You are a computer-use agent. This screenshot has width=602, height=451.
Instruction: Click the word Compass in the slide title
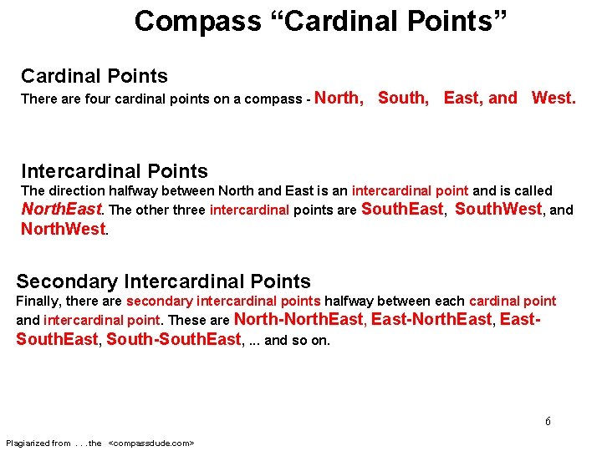pyautogui.click(x=197, y=21)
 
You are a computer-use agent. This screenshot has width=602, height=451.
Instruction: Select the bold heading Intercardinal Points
pyautogui.click(x=114, y=171)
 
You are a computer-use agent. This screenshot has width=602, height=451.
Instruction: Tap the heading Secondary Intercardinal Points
pyautogui.click(x=163, y=281)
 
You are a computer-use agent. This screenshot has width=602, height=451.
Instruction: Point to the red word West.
pyautogui.click(x=554, y=98)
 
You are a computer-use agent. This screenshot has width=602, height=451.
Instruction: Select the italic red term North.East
pyautogui.click(x=61, y=209)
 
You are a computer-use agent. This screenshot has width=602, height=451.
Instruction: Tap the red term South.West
pyautogui.click(x=498, y=209)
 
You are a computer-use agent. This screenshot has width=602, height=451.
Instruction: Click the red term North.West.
pyautogui.click(x=64, y=228)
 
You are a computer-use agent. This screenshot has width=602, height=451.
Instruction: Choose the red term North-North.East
pyautogui.click(x=298, y=319)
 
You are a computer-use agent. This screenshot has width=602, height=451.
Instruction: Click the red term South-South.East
pyautogui.click(x=173, y=339)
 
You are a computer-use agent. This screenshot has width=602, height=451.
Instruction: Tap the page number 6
pyautogui.click(x=548, y=421)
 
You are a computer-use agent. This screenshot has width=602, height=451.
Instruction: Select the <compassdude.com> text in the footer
pyautogui.click(x=151, y=443)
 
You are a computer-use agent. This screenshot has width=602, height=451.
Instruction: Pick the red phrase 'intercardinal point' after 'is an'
pyautogui.click(x=410, y=191)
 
